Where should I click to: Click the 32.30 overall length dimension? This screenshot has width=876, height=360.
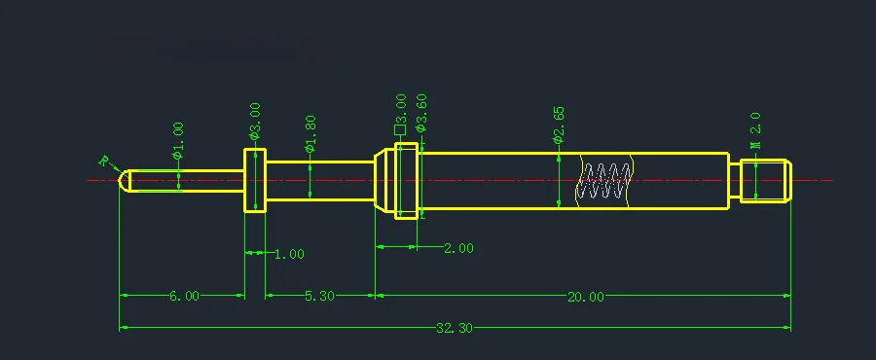[x=454, y=329]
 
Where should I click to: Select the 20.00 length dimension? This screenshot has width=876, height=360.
[x=585, y=297]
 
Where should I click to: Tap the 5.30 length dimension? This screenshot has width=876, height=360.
[x=318, y=297]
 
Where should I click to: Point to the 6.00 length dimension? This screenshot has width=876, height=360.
[x=184, y=297]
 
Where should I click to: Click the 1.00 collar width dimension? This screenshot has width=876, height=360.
[x=288, y=254]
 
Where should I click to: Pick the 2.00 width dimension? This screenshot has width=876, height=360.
[x=457, y=248]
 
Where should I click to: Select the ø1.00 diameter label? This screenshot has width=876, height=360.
[x=178, y=140]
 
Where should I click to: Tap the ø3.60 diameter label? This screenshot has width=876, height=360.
[x=421, y=113]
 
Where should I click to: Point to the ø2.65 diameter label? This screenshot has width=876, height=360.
[x=558, y=126]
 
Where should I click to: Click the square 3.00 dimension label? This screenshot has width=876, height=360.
[x=400, y=115]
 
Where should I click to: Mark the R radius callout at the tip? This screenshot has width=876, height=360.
[x=104, y=162]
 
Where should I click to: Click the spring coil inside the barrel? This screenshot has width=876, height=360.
[x=604, y=181]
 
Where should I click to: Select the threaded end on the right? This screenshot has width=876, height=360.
[x=765, y=180]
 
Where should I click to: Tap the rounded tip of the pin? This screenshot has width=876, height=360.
[x=125, y=180]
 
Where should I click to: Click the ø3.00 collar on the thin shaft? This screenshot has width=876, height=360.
[x=254, y=180]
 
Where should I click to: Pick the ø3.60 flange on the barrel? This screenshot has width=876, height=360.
[x=407, y=180]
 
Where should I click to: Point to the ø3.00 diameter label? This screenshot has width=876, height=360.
[x=255, y=121]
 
